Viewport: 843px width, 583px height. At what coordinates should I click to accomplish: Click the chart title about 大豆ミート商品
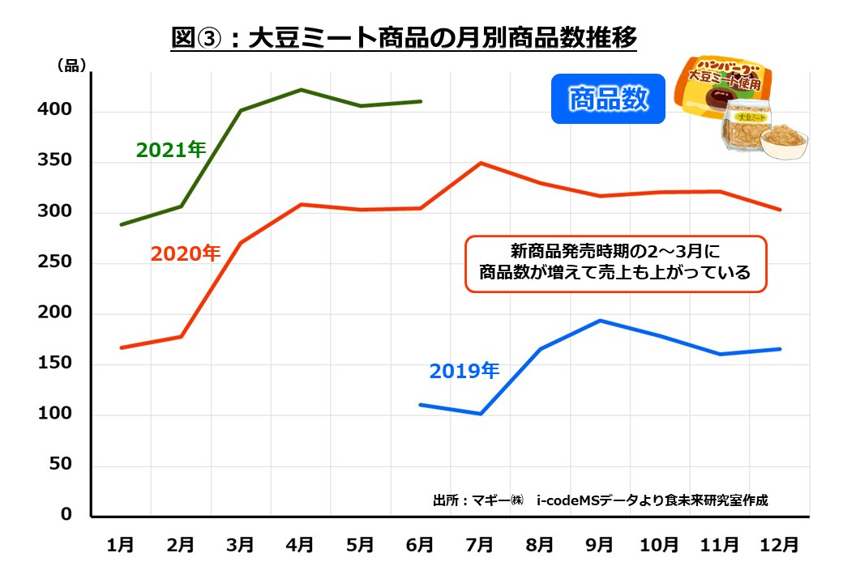point(404,38)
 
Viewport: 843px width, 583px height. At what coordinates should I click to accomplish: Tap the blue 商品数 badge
point(608,99)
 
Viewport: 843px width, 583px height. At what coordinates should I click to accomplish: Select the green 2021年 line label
point(171,150)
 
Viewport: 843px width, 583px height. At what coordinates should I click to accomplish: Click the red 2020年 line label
point(185,253)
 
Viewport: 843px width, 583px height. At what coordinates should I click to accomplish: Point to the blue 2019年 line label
point(464,371)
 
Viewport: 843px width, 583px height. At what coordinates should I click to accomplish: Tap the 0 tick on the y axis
point(66,515)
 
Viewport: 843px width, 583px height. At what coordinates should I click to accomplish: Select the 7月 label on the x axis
point(480,545)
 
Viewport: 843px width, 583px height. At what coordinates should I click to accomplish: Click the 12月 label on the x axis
point(780,545)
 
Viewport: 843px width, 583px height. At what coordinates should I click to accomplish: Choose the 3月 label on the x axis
point(240,545)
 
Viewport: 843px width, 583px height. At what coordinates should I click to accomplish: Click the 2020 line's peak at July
point(481,163)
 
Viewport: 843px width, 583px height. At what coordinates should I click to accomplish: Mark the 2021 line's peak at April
point(301,90)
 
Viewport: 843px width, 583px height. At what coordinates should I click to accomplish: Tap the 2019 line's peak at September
point(600,320)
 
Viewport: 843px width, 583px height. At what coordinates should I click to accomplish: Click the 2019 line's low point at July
point(481,414)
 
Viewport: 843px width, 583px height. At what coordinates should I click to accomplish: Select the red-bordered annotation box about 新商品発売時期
point(615,263)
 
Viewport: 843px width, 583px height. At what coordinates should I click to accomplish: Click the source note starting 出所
point(601,500)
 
